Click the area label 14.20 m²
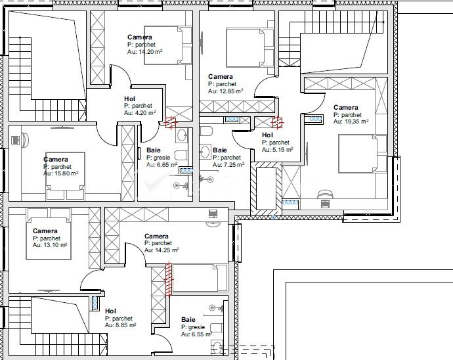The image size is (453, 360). (144, 52)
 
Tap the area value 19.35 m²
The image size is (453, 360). (351, 122)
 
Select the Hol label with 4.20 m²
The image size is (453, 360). (129, 99)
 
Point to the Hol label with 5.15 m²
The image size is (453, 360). (267, 135)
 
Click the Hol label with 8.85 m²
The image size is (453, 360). (110, 311)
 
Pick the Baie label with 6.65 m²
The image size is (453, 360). (154, 150)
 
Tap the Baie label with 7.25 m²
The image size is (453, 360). (220, 150)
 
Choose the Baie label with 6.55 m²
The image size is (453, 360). (188, 320)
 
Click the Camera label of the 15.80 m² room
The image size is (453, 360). (56, 160)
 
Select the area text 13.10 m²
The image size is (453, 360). (50, 245)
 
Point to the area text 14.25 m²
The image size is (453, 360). (162, 250)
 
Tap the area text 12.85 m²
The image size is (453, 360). (226, 91)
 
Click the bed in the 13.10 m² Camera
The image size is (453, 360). (49, 234)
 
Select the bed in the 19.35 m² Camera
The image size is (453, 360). (362, 154)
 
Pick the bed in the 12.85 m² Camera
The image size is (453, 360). (250, 48)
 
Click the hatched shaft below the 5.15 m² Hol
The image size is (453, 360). (266, 189)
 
